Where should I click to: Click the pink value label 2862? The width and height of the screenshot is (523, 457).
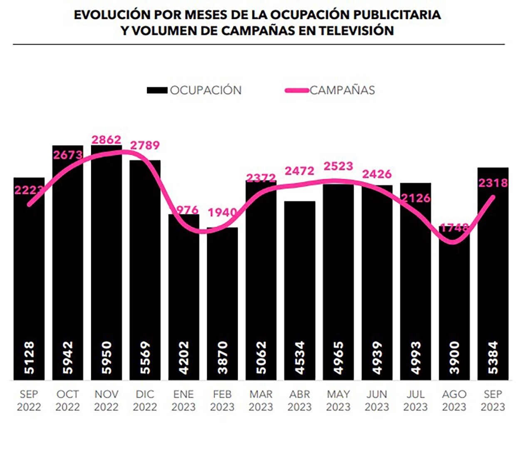coord(107,139)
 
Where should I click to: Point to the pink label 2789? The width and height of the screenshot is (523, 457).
coord(145,145)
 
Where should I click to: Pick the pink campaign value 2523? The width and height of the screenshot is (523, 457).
coord(338,166)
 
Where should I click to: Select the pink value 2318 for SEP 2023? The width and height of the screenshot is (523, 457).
coord(493,183)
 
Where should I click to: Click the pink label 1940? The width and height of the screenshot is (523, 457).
coord(222,213)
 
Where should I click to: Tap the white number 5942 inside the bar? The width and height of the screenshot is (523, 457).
coord(68,358)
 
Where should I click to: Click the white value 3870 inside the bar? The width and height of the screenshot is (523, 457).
coord(223,358)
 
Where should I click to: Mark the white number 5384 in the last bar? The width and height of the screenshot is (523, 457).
coord(493,358)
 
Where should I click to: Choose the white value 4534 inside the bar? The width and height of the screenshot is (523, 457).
coord(300,358)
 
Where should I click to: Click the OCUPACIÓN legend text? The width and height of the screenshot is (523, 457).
coord(206,90)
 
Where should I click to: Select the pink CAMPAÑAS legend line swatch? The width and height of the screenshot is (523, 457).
coord(297,90)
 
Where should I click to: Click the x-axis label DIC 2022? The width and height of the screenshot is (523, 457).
coord(145,400)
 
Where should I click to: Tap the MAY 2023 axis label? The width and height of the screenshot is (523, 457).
coord(338,400)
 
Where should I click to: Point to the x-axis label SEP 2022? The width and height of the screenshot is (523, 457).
coord(29,400)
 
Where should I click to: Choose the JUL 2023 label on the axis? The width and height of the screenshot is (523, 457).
coord(415,400)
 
